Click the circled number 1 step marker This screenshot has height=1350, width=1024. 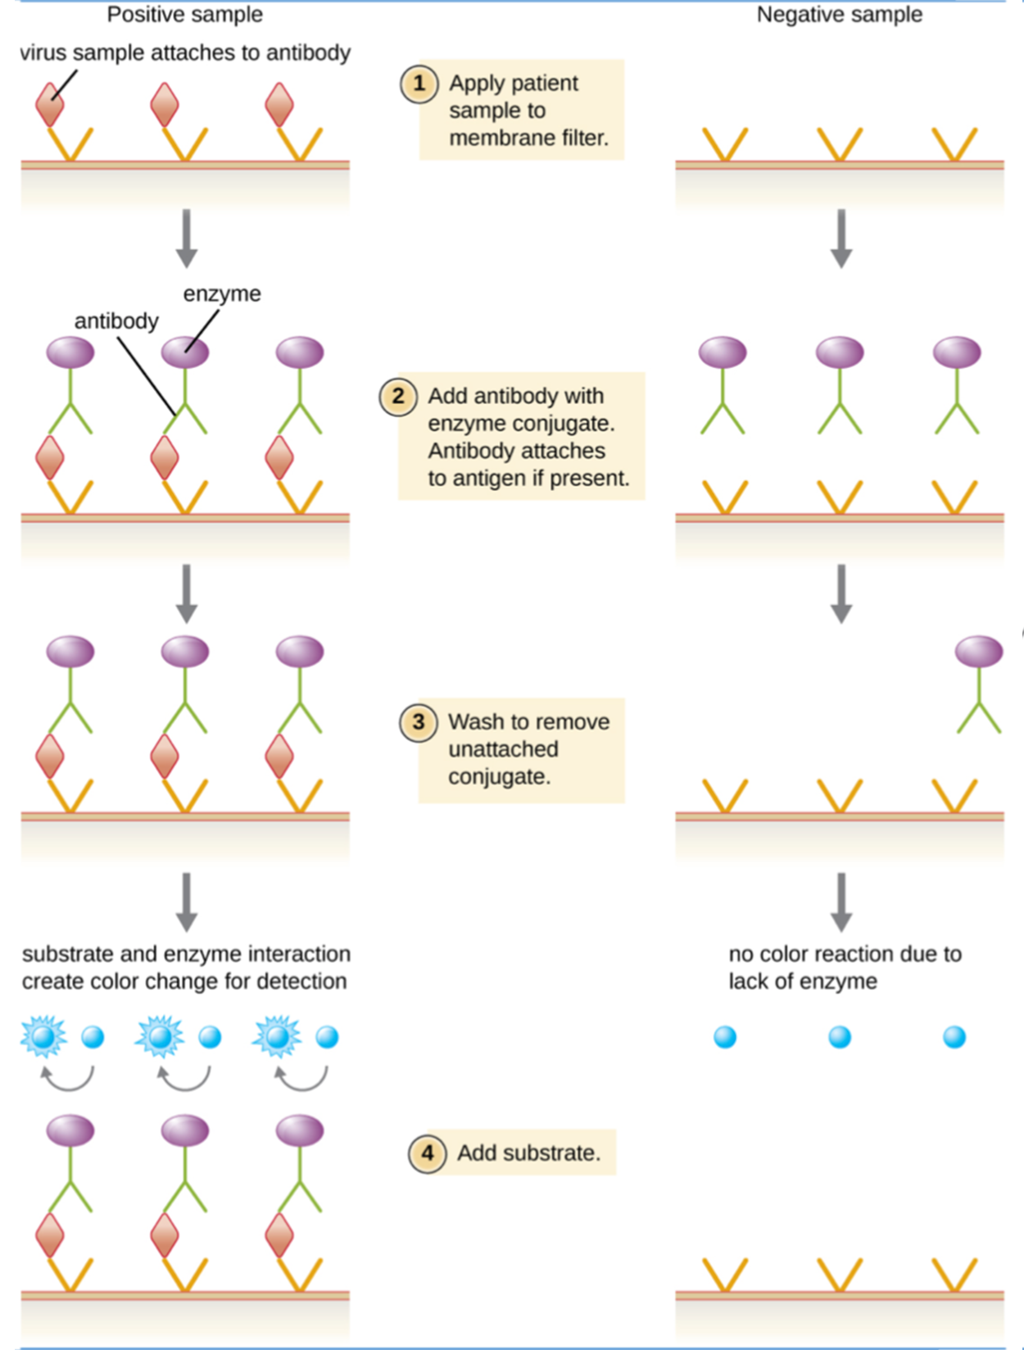[419, 84]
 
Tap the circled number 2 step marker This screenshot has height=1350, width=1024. [397, 397]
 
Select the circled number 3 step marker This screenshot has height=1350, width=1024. [418, 723]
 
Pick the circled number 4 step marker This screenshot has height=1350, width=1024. [427, 1154]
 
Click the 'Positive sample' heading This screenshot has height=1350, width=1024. [185, 15]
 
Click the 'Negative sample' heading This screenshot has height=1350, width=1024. [839, 15]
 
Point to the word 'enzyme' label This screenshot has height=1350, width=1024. [222, 293]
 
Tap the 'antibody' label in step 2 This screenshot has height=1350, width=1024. [116, 321]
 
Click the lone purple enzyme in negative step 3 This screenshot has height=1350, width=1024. [979, 652]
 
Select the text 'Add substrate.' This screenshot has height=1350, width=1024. [528, 1153]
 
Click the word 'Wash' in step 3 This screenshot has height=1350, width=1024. [473, 722]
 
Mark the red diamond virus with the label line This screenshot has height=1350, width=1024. [50, 105]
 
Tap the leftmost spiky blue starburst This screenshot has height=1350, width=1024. [43, 1037]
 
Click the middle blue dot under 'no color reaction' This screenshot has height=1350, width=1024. [840, 1038]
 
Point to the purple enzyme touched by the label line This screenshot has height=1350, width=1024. [185, 352]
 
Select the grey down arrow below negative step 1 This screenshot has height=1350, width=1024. [841, 239]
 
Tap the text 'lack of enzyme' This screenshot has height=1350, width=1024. [803, 981]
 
